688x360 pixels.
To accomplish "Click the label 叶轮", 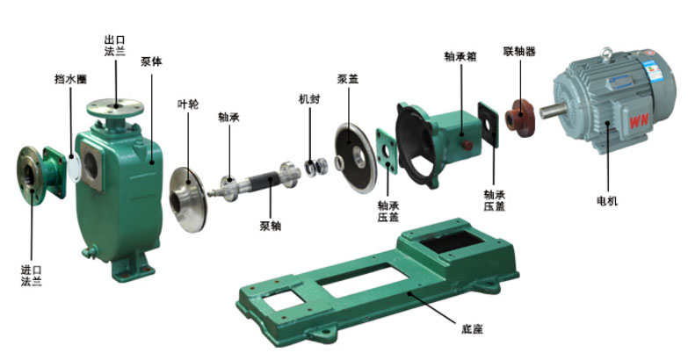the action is [188, 104].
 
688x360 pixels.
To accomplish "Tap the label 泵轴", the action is [271, 226].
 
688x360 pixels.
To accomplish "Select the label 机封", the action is [309, 99].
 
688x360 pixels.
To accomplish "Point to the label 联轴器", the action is [519, 51].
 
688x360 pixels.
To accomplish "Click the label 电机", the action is [607, 201].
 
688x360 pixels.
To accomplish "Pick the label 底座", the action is [472, 328].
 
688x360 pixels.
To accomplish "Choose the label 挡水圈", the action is [70, 79].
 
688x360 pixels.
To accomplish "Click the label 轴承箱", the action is [460, 56].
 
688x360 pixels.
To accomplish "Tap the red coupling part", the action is [519, 118].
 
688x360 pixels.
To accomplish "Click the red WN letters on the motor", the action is [639, 121].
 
